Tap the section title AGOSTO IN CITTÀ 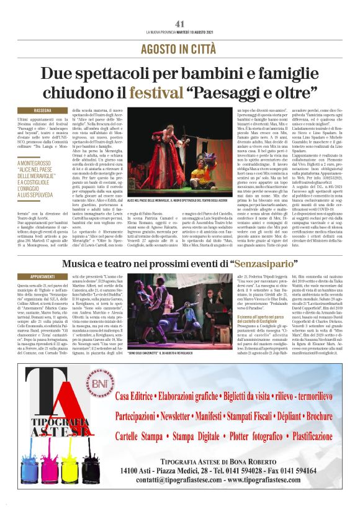179,49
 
